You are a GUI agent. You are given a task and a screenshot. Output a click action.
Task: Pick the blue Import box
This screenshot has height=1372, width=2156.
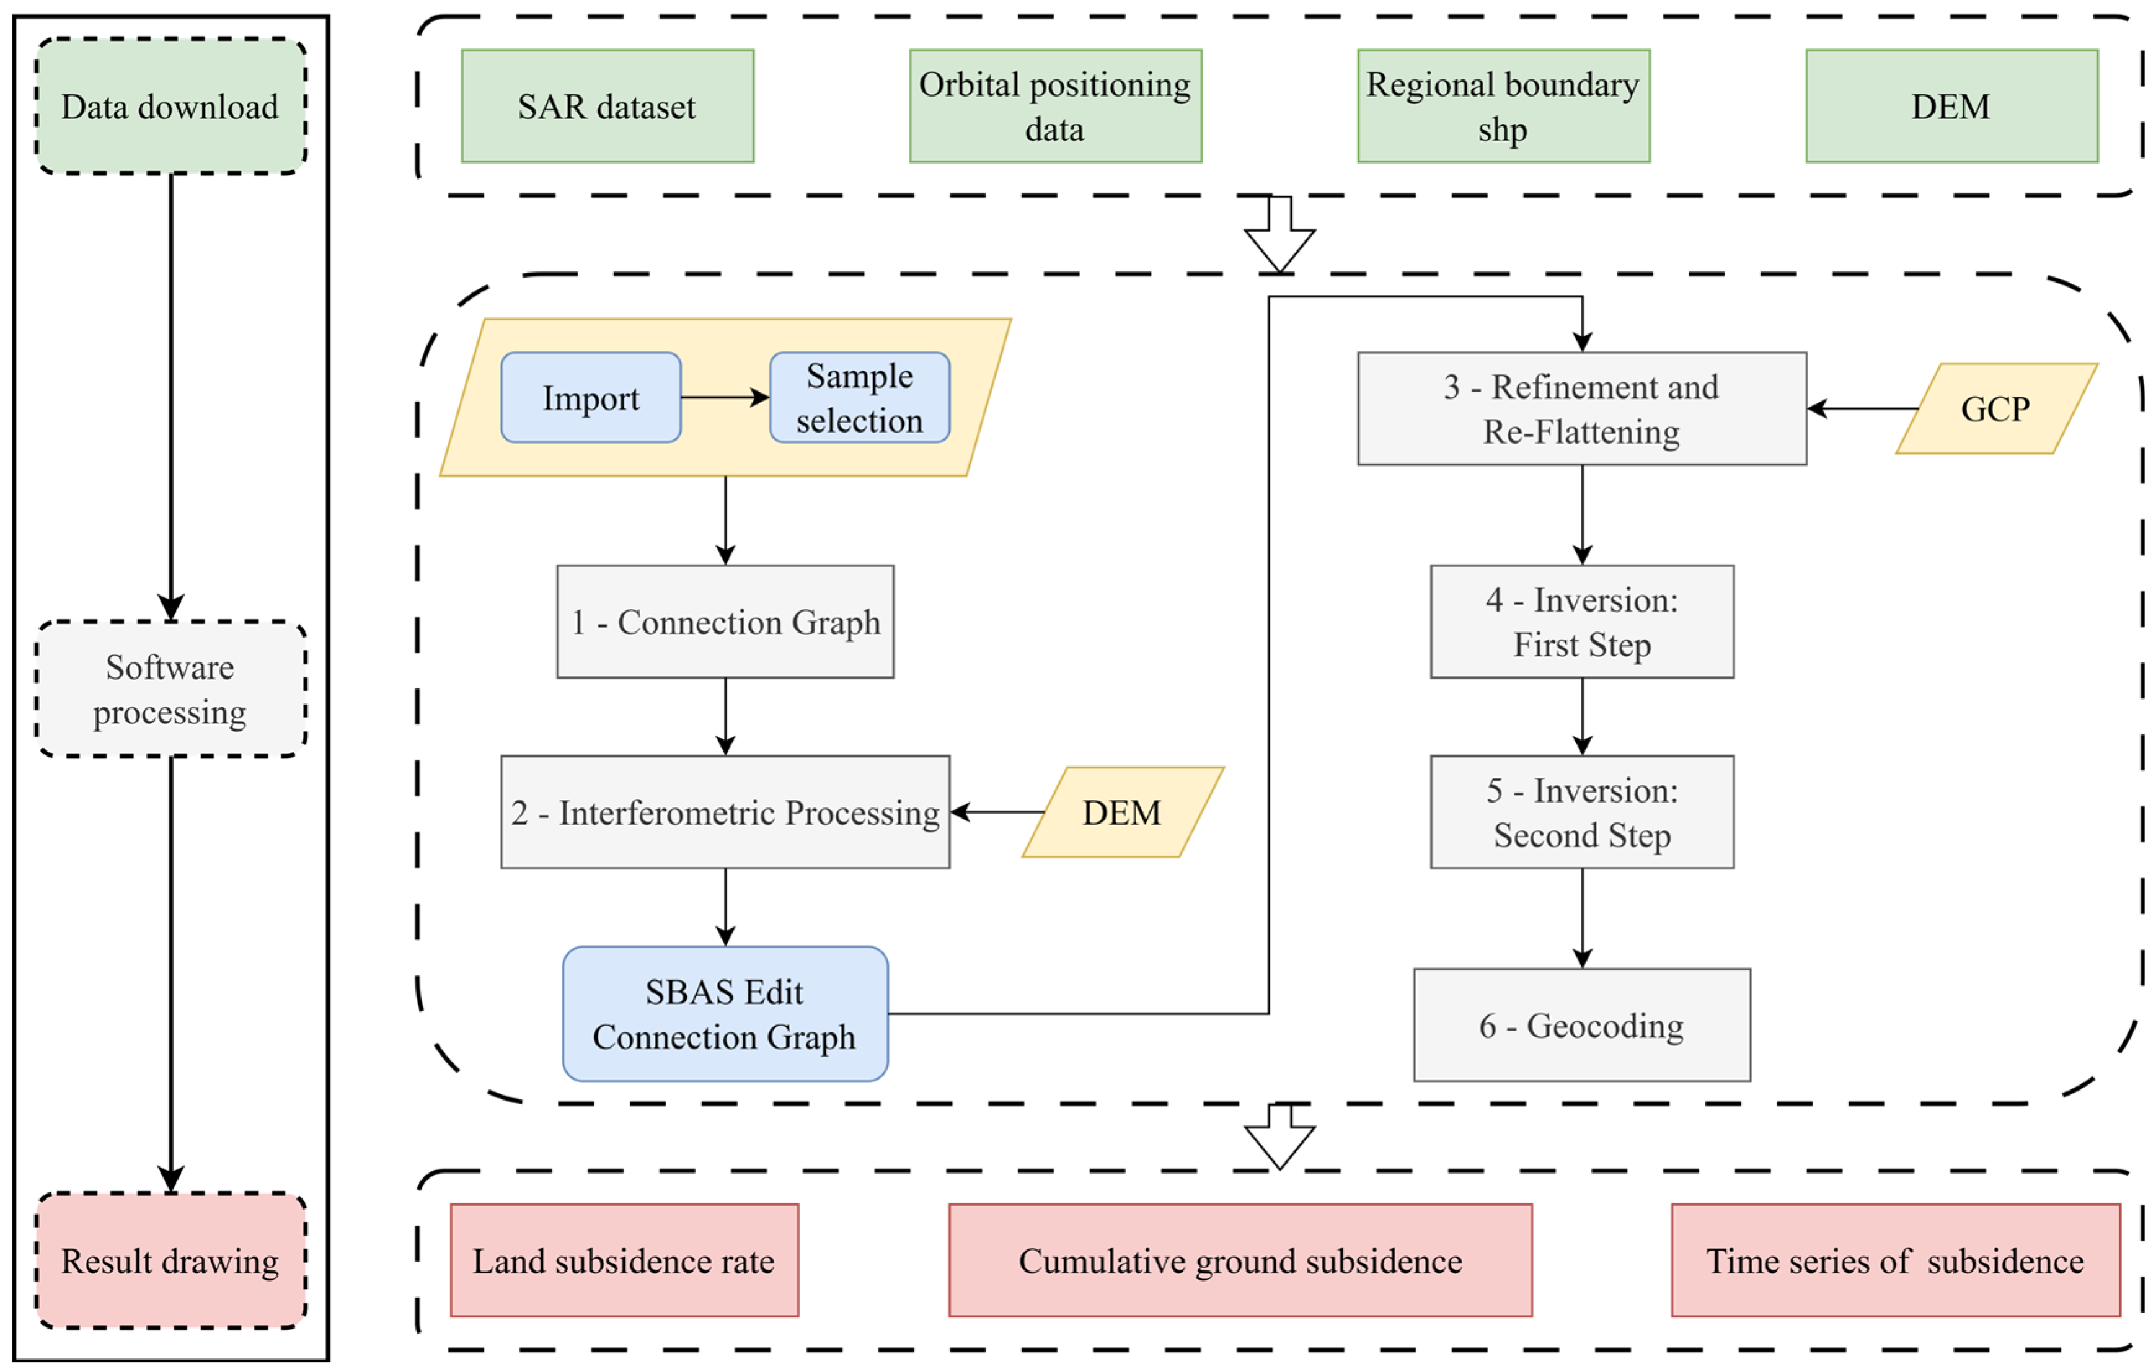coord(590,397)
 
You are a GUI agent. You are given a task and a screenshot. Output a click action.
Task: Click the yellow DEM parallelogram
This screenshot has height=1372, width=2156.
coord(1122,812)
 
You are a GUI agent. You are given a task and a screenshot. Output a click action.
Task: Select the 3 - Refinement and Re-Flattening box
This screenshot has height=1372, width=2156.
coord(1581,408)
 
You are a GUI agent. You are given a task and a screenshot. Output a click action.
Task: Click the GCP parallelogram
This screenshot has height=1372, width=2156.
coord(1995,408)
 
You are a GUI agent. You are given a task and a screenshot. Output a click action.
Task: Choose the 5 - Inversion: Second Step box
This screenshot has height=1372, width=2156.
coord(1581,812)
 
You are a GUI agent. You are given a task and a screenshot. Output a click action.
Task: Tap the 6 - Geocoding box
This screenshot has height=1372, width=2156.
coord(1581,1025)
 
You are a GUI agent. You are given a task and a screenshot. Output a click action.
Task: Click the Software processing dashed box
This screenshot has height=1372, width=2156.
coord(170,688)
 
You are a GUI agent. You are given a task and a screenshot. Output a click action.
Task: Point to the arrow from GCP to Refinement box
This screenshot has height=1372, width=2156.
coord(1862,408)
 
